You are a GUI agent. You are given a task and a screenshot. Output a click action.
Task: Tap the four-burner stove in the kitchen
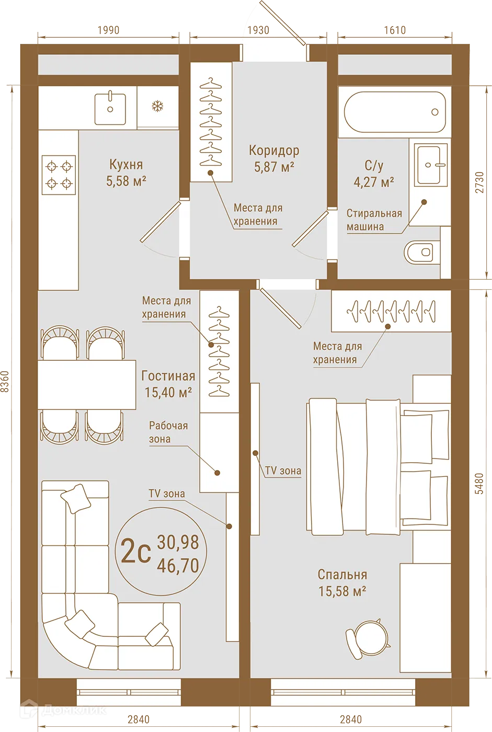59,175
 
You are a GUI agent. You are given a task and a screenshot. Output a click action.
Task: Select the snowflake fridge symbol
157,107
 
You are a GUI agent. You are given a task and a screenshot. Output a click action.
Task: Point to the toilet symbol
422,252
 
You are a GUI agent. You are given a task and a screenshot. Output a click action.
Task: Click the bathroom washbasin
432,164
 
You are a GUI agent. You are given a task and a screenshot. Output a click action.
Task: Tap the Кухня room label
126,173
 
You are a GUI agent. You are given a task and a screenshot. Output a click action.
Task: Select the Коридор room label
274,158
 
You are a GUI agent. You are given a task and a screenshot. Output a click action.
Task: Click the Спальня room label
342,582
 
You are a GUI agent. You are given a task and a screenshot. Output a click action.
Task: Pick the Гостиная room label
168,384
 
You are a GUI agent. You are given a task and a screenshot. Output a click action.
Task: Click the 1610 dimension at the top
395,30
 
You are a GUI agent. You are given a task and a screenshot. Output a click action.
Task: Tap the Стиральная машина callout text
374,220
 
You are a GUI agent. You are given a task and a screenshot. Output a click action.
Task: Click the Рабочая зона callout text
168,432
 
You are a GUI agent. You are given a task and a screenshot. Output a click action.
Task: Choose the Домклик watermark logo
64,710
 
